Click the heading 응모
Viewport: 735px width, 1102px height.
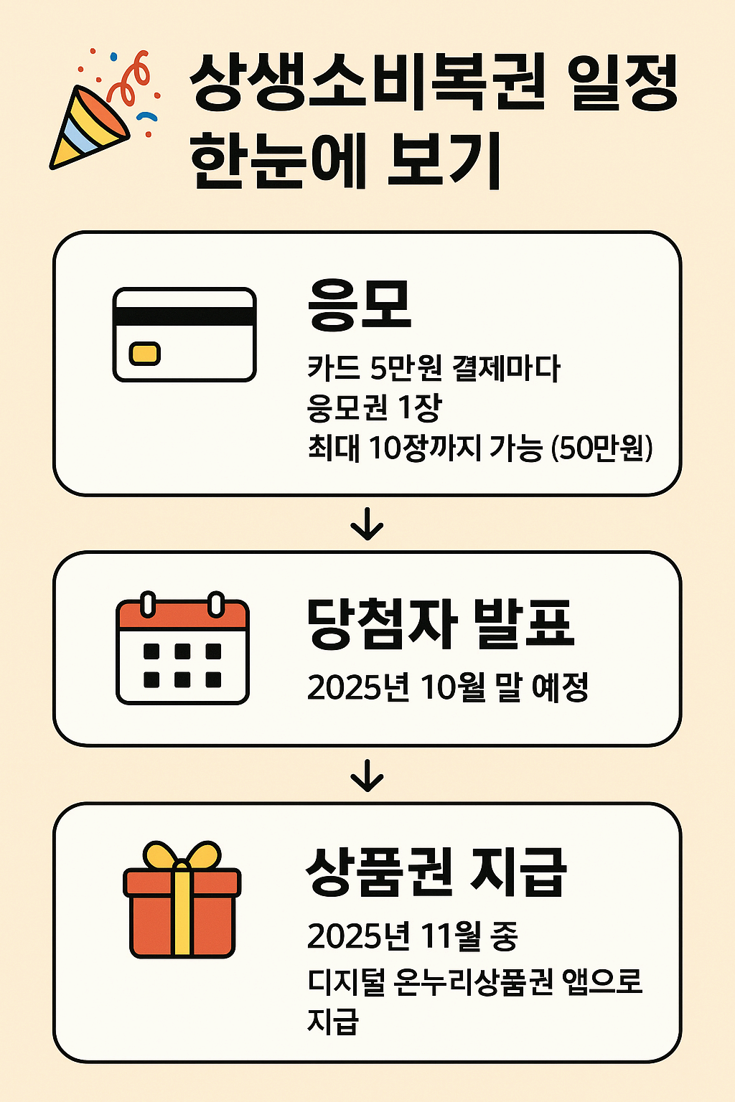tap(359, 305)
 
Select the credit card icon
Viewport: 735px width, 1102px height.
tap(184, 334)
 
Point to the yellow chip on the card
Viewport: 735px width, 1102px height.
tap(144, 353)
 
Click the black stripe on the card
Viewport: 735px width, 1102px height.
tap(184, 316)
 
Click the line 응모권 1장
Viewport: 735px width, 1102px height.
tap(373, 408)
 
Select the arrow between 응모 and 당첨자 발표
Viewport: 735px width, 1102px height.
tap(367, 524)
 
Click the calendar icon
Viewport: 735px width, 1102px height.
tap(182, 649)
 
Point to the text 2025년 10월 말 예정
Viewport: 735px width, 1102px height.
tap(447, 688)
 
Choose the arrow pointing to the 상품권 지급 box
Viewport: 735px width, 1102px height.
tap(367, 776)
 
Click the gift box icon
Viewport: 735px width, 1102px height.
tap(182, 900)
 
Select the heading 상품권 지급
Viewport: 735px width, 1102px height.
tap(436, 872)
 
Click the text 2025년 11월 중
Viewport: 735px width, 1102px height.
tap(412, 936)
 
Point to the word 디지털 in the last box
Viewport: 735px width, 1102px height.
tap(346, 981)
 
